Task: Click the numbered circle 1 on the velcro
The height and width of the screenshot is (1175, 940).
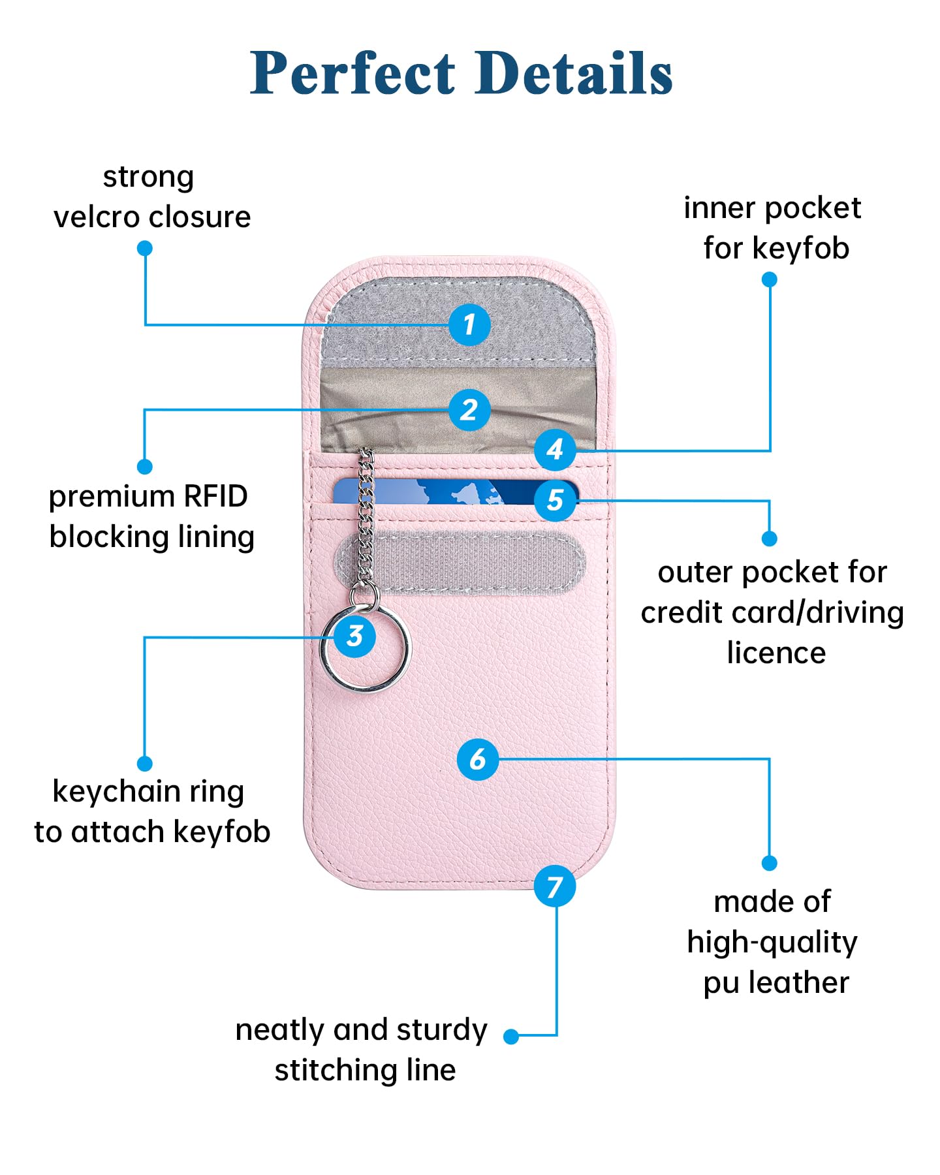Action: (x=469, y=324)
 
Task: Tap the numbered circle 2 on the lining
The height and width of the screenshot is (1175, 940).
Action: (x=469, y=410)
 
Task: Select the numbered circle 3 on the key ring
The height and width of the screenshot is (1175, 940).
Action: (x=354, y=636)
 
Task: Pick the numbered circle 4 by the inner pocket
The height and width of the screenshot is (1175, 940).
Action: (x=555, y=449)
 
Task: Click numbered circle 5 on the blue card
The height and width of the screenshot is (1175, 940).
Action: (x=555, y=501)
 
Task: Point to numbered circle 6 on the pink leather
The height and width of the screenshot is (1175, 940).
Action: (x=478, y=759)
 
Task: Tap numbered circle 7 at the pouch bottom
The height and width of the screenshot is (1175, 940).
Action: (x=555, y=886)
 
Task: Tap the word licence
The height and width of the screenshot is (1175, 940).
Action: (x=776, y=653)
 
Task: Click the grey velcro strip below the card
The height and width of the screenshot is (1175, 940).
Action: (x=470, y=563)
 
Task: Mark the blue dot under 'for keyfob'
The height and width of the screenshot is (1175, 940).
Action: (x=770, y=279)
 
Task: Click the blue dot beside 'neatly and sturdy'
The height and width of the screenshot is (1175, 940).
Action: (x=511, y=1037)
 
